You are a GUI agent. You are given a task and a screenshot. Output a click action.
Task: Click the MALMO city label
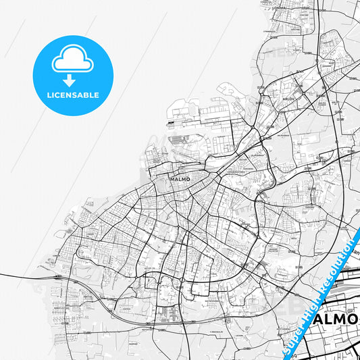pos(180,179)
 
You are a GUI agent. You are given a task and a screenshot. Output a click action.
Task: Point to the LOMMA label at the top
pos(279,8)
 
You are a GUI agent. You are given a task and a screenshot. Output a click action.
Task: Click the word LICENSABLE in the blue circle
pos(73,95)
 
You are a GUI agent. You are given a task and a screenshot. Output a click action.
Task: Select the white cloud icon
pos(73,60)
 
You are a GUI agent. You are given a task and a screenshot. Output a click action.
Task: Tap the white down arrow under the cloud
pos(73,80)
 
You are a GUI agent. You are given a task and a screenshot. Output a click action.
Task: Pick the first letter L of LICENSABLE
pos(48,95)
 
